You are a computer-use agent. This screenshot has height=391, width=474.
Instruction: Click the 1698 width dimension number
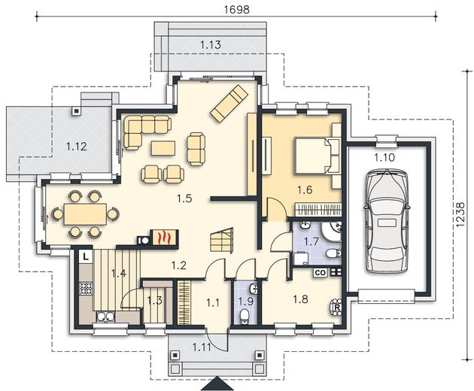[237, 9]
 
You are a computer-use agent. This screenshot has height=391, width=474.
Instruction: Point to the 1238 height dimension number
[460, 214]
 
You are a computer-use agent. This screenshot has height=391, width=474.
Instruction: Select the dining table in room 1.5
[85, 214]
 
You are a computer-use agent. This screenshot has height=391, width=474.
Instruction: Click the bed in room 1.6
[313, 156]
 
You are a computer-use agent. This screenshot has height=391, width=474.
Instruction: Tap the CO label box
[321, 272]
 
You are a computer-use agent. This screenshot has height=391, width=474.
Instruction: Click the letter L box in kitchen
[86, 257]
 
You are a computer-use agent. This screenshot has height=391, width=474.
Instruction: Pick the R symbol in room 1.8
[336, 307]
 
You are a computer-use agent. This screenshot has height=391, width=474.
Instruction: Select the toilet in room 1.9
[244, 317]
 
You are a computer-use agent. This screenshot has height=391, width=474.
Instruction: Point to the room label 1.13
[211, 44]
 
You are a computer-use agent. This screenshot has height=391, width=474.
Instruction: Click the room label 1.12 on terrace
[76, 147]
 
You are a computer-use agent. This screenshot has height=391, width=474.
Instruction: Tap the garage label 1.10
[384, 157]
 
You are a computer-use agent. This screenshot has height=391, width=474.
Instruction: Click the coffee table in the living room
[163, 148]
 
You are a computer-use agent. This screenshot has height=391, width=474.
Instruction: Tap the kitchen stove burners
[86, 288]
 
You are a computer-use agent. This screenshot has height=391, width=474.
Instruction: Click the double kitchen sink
[105, 317]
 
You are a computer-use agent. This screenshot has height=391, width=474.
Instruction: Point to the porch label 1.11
[202, 347]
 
